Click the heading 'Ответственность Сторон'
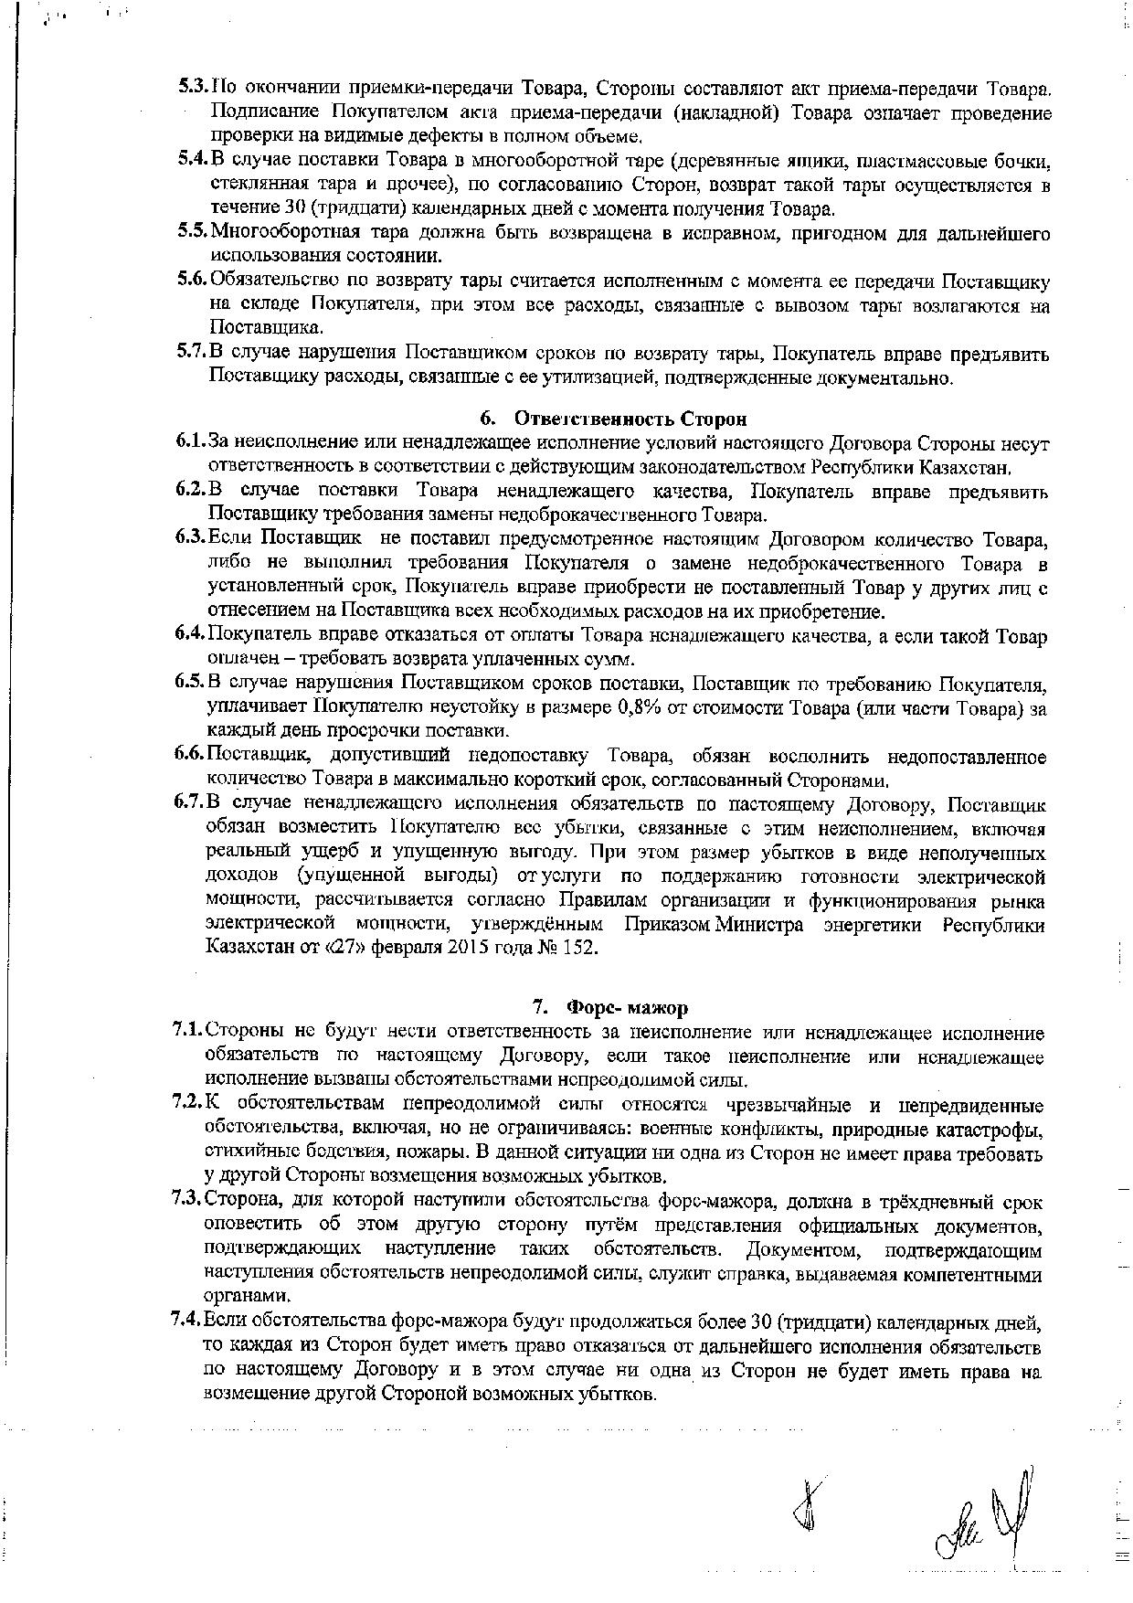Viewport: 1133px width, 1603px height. point(630,419)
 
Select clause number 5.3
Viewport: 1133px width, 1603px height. point(193,89)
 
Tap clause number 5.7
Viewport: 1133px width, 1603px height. point(193,353)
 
